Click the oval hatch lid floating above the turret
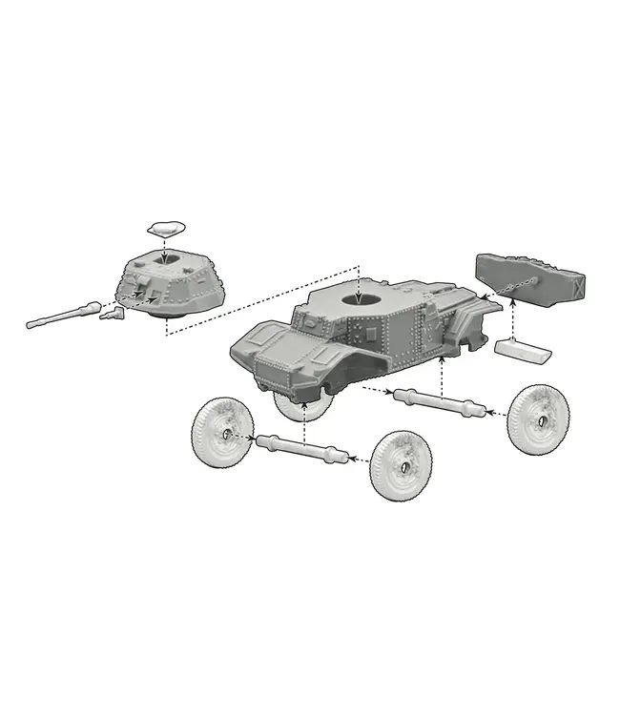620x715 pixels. [x=165, y=227]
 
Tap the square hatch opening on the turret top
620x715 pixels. [x=165, y=260]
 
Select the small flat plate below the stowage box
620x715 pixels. [x=523, y=350]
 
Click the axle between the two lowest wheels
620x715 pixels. [x=304, y=447]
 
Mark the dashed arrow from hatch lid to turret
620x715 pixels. [x=165, y=246]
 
